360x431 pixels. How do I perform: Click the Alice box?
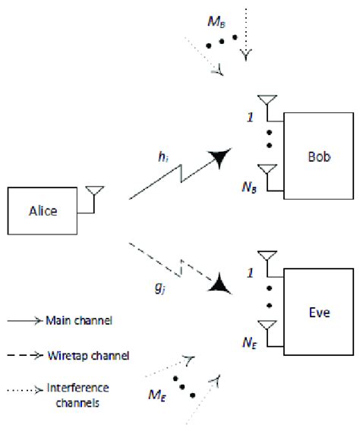pos(43,210)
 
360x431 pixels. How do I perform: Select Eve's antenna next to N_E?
pos(266,326)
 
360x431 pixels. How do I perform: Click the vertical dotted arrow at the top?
pos(245,30)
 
